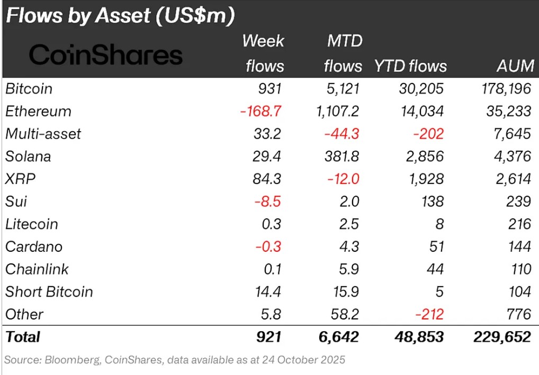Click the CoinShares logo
pos(106,55)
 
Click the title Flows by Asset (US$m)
pos(120,16)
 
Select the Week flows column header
pos(263,53)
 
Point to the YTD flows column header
pos(410,66)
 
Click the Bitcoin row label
pos(29,89)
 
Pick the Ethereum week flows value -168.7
pos(262,112)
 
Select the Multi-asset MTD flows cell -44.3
pos(341,134)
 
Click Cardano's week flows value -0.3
pos(269,247)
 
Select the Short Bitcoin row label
pos(49,292)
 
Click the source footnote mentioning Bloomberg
pos(175,360)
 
